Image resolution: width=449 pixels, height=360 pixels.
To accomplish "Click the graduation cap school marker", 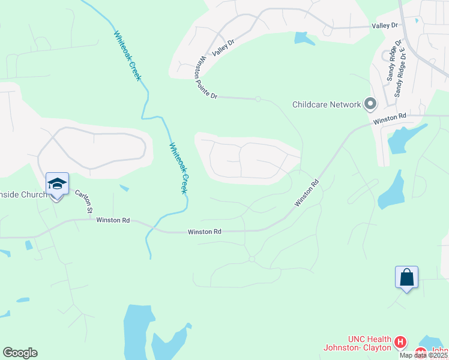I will tap(57, 184).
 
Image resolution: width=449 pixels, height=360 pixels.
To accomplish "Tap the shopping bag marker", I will tap(406, 277).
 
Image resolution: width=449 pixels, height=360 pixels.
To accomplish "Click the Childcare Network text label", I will tap(327, 104).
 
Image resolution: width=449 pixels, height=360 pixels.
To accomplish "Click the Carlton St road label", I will tap(83, 202).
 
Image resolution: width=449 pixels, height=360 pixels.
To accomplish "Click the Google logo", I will tap(20, 353).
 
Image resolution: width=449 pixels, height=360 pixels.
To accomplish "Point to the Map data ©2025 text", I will tap(424, 355).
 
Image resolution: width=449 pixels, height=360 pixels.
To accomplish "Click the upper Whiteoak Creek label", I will tap(127, 53).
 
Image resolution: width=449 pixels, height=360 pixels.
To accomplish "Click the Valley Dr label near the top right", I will tap(385, 26).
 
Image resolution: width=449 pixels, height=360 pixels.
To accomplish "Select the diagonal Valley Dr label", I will tap(222, 47).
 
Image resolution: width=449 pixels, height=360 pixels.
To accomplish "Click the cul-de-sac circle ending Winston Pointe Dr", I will tap(258, 99).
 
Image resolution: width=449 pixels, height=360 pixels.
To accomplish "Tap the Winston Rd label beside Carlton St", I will tap(113, 220).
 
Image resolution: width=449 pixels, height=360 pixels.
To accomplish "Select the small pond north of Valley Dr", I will tap(304, 39).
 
